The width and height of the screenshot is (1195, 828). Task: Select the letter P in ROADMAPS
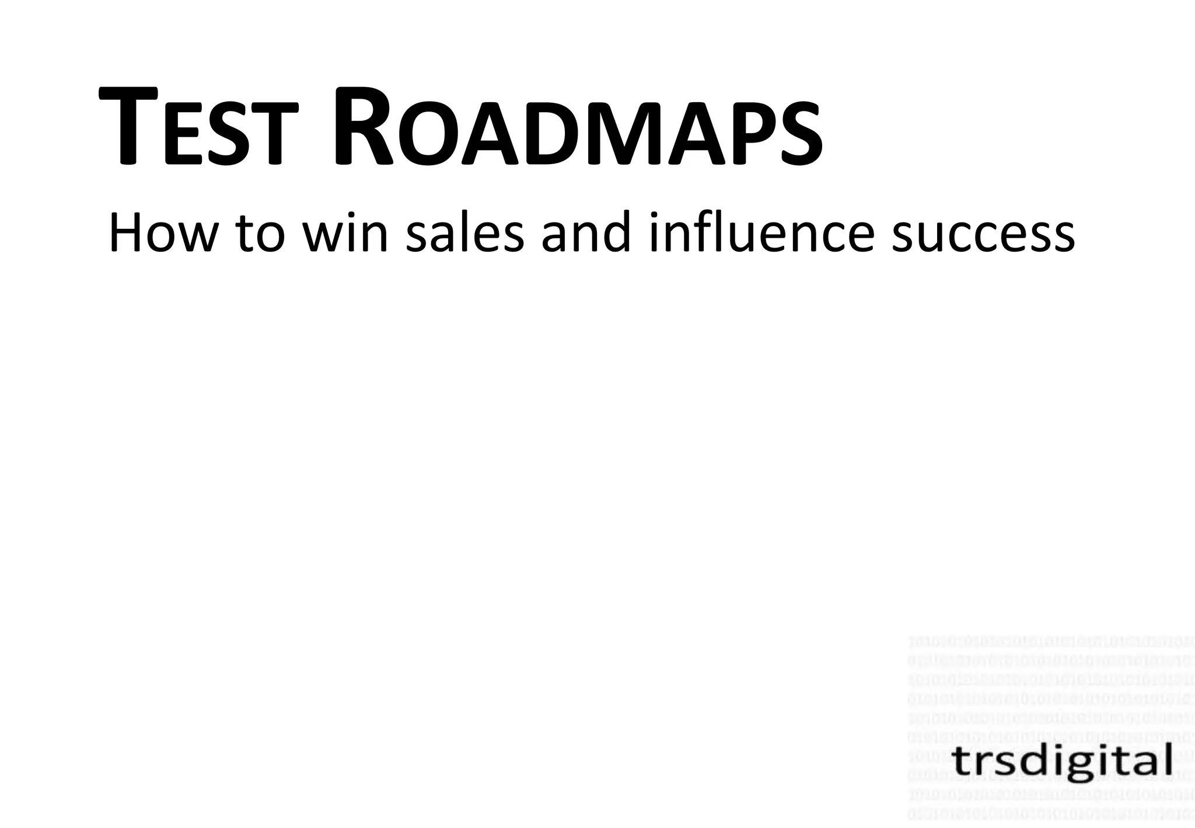(x=751, y=136)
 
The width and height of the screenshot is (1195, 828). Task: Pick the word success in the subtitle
(x=983, y=235)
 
